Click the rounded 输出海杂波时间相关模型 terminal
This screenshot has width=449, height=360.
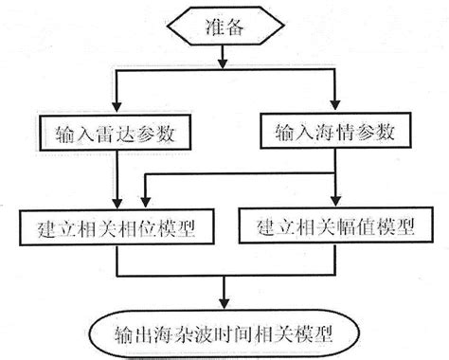point(224,333)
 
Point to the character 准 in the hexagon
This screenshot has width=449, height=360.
point(214,27)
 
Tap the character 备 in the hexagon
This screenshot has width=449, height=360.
point(235,27)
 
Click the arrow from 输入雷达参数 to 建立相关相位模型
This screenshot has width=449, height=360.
point(115,180)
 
